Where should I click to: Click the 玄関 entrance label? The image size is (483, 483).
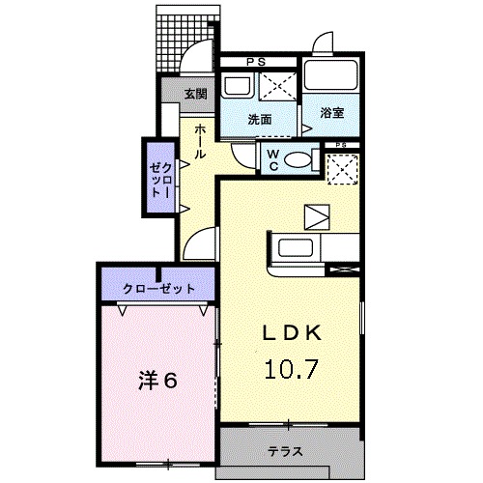196,93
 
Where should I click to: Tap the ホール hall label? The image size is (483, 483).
199,141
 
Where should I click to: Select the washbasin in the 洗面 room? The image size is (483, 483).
235,87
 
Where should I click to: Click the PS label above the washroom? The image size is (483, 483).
257,63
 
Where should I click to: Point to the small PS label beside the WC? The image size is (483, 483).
340,146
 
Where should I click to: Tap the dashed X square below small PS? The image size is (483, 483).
341,169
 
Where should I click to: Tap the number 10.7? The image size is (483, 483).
296,368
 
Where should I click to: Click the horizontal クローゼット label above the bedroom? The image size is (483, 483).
158,289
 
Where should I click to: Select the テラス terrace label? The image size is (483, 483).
286,451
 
